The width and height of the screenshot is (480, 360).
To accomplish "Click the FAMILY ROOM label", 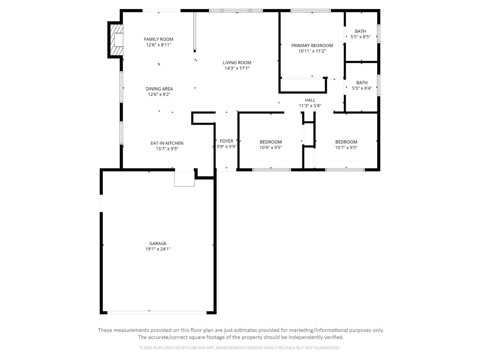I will [x=158, y=39].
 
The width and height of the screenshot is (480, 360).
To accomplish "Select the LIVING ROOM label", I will [x=237, y=63].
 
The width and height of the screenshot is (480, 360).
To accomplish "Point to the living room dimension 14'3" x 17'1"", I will [x=237, y=68].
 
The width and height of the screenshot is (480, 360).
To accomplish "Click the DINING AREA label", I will [x=159, y=89].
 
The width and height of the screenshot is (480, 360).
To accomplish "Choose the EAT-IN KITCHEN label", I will [x=167, y=143].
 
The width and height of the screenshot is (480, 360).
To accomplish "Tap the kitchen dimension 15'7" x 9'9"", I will [x=167, y=149].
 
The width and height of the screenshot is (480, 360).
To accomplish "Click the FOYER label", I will [x=226, y=141].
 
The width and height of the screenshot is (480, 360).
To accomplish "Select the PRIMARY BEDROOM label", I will [x=312, y=45].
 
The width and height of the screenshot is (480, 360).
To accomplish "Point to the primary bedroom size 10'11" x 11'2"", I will [x=312, y=51].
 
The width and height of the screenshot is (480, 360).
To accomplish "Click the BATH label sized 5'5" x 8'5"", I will [x=360, y=31].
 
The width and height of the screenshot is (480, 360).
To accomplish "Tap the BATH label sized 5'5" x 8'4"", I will [x=362, y=83].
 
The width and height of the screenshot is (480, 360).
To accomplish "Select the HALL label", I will [x=310, y=100].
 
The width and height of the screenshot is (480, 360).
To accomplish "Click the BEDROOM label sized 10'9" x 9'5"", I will [x=271, y=142].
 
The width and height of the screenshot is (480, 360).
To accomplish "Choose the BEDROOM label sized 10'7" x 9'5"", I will [x=346, y=142].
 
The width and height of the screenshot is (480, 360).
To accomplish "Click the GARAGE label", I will [x=158, y=244].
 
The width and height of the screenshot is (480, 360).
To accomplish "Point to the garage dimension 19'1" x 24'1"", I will [x=158, y=249].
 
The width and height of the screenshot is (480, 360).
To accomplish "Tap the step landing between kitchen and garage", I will [x=184, y=179].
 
